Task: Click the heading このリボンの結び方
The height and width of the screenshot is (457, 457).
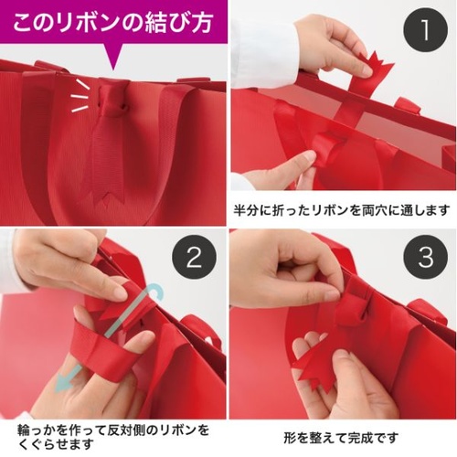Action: (x=112, y=19)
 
